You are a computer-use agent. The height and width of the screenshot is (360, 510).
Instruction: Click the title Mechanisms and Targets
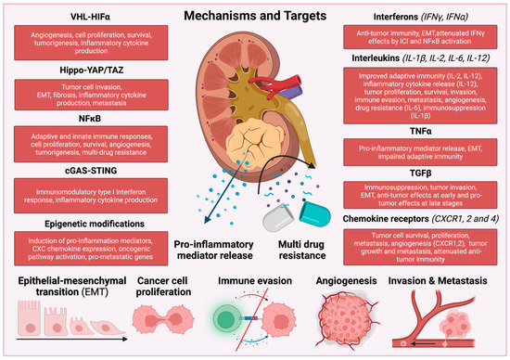pyautogui.click(x=255, y=17)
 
